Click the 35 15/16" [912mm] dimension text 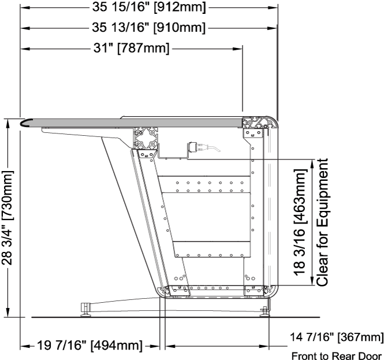click(x=149, y=8)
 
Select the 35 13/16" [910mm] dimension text click(x=148, y=27)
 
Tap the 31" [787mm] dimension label click(x=131, y=48)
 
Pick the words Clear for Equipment click(x=322, y=222)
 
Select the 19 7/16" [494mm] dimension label click(x=90, y=346)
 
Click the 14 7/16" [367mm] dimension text click(x=337, y=337)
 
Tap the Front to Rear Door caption click(x=337, y=355)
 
